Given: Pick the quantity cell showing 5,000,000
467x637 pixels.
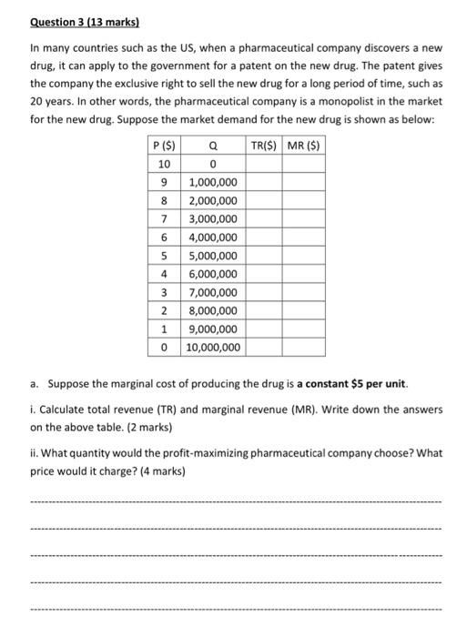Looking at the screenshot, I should pos(212,256).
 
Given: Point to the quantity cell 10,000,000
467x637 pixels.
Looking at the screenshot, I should pos(212,348).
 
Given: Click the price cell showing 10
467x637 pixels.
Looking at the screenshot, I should pos(164,165).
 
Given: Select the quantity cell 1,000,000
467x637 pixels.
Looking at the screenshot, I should pos(212,183).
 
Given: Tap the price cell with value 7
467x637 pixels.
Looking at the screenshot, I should pos(164,219).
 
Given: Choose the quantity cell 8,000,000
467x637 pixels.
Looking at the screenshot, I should pos(212,311).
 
